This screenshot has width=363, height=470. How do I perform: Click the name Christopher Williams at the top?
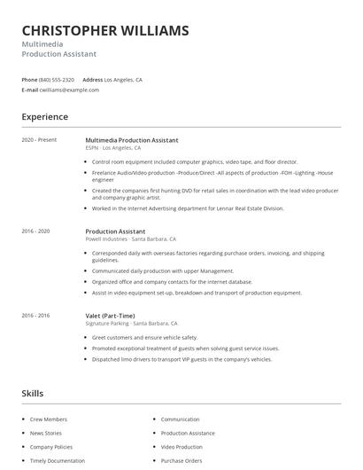point(105,31)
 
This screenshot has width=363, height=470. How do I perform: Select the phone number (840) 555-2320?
point(58,80)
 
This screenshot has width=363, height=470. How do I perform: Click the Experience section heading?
point(45,117)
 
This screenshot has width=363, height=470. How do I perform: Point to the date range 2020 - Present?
point(39,140)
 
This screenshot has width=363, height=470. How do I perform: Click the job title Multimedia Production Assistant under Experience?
point(132,140)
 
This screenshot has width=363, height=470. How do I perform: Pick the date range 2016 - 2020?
point(35,231)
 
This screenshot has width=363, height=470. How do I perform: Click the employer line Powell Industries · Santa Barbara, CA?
point(130,239)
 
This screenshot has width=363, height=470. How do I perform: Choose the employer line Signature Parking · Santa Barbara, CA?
point(131,324)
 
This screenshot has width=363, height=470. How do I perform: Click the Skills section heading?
point(33,393)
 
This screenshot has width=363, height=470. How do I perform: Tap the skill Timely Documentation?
point(58,461)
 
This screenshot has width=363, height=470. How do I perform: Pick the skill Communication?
point(180,419)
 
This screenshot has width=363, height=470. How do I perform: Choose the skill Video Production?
point(181,447)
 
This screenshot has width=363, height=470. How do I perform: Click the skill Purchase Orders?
point(181,461)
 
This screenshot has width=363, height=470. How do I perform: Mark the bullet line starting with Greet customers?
point(144,338)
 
